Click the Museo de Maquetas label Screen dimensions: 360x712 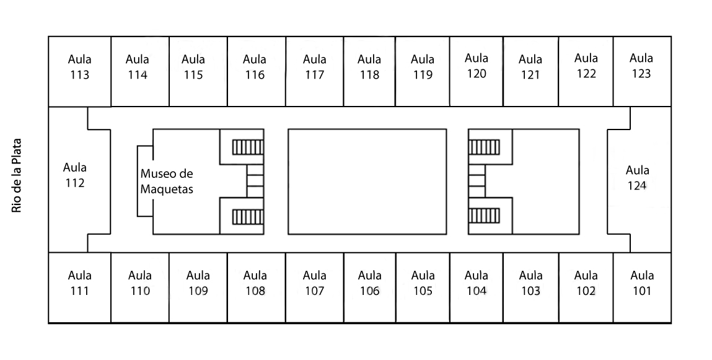coord(167,182)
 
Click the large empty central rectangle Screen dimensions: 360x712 coord(367,182)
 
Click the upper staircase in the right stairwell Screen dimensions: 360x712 coord(484,147)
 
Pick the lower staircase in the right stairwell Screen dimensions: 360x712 coord(484,216)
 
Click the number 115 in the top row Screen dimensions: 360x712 coord(193,76)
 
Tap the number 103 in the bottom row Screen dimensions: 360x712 coord(530,291)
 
